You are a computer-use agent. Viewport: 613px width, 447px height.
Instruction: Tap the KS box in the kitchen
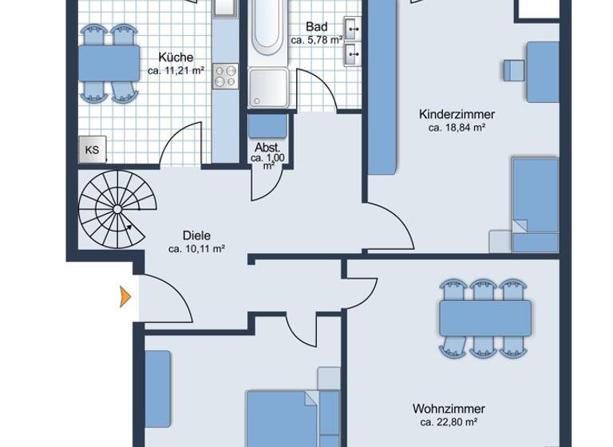click(92, 149)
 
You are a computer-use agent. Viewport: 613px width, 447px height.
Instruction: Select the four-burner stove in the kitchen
click(226, 76)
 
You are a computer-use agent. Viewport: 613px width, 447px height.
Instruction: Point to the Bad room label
click(316, 27)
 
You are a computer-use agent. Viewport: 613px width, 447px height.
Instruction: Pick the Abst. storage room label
click(267, 148)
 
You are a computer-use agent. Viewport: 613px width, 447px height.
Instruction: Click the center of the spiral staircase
click(117, 209)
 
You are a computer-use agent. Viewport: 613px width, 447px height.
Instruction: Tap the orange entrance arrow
click(124, 296)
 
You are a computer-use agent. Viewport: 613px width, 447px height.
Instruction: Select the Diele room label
click(196, 235)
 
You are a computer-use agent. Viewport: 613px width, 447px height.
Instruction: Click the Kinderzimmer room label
click(457, 114)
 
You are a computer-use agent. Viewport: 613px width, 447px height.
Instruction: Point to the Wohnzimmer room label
click(449, 409)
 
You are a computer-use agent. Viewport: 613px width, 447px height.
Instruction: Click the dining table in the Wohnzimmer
click(485, 318)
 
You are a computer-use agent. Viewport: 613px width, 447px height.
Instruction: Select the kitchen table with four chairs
click(109, 62)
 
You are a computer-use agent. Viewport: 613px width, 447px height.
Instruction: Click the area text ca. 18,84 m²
click(457, 128)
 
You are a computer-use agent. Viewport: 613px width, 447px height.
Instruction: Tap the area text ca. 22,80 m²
click(449, 422)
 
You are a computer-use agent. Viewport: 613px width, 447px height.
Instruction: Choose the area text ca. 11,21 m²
click(176, 71)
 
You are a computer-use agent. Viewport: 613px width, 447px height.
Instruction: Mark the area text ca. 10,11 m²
click(196, 249)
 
